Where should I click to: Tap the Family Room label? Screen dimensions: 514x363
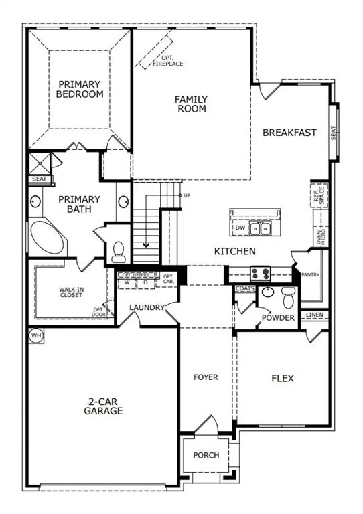coord(191,104)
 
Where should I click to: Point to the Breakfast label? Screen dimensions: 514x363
coord(289,133)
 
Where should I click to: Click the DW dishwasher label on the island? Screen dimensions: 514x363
coord(240,228)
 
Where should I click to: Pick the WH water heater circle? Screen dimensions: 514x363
coord(35,335)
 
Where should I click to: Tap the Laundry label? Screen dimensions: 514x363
coord(148,307)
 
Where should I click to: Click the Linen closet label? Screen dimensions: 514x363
coord(315,315)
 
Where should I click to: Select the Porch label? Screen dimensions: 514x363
coord(206,455)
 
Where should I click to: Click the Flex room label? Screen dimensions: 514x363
coord(283,378)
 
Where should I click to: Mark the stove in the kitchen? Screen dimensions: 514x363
coord(260,272)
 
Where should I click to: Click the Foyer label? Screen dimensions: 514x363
coord(206,377)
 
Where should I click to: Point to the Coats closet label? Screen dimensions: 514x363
coord(244,288)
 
